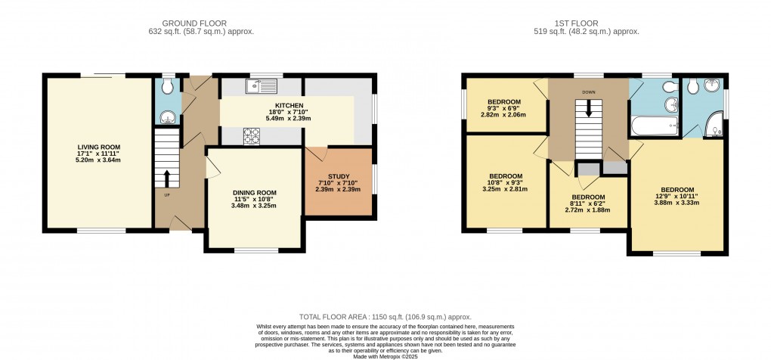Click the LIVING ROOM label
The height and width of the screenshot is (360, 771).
coord(99,147)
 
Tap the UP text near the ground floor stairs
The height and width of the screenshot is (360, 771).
coord(167,195)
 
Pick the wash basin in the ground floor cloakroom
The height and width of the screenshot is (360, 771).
coord(169,117)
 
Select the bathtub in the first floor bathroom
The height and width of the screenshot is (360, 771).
coord(654,126)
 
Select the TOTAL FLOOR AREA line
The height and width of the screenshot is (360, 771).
coord(385,317)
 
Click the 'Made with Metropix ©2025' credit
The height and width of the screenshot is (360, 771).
coord(385,355)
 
